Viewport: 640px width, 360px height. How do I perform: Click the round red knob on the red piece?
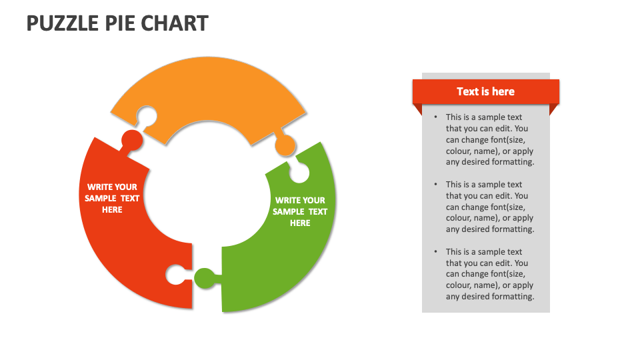tap(131, 140)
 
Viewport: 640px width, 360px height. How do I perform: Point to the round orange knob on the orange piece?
tap(285, 144)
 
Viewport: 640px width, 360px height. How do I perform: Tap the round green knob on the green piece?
tap(205, 277)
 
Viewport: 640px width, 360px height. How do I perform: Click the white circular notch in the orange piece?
tap(147, 117)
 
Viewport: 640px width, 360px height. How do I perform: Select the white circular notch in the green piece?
tap(299, 173)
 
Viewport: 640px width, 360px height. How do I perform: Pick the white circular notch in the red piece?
tap(175, 274)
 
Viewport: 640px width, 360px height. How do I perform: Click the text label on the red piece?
tap(112, 198)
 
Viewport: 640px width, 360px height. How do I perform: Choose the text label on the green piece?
tap(300, 211)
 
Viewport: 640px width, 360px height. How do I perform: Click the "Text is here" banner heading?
tap(485, 91)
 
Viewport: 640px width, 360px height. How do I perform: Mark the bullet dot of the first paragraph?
tap(435, 117)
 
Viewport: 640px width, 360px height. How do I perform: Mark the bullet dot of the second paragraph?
tap(435, 185)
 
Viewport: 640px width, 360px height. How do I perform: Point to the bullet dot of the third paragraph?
tap(435, 252)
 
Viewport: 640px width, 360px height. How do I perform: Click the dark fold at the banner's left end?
tap(418, 109)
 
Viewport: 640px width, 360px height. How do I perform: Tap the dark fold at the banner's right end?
tap(554, 109)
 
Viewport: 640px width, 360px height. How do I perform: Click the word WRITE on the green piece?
tap(287, 200)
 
